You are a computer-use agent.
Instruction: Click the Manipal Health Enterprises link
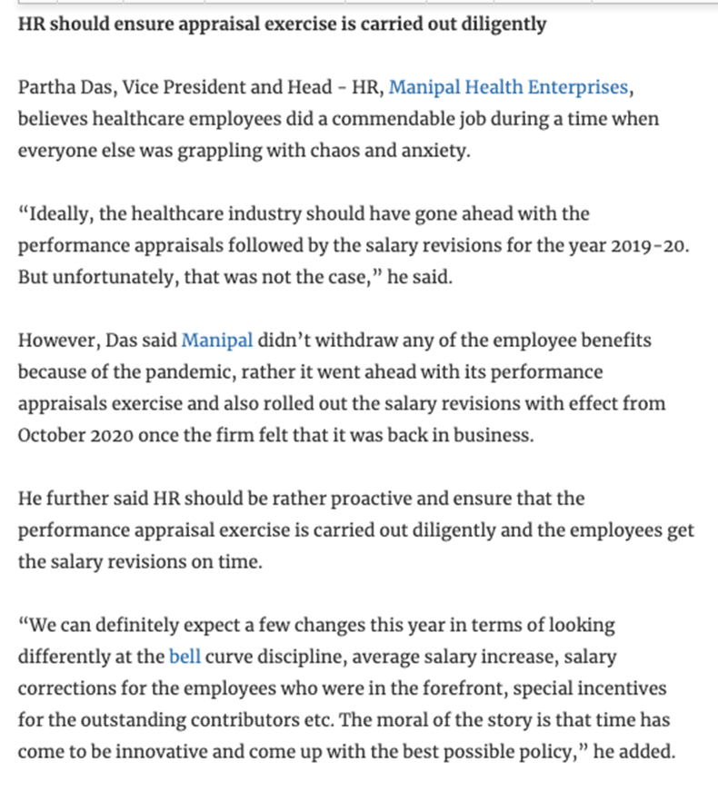(x=509, y=88)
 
